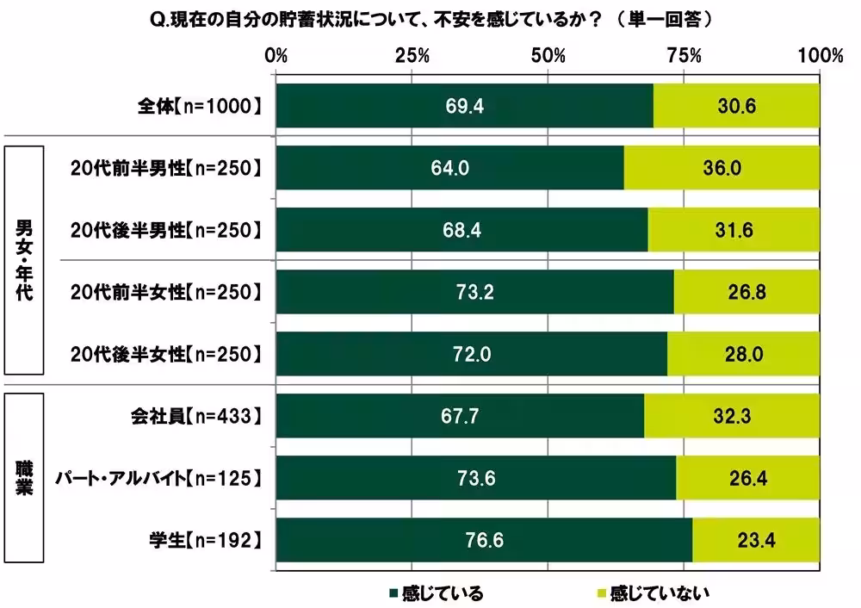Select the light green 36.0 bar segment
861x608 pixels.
pyautogui.click(x=721, y=168)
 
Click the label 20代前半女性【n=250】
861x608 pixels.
pyautogui.click(x=164, y=292)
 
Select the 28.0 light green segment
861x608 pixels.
pyautogui.click(x=742, y=354)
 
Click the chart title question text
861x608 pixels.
pyautogui.click(x=431, y=17)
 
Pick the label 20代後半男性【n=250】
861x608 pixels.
pyautogui.click(x=164, y=230)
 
